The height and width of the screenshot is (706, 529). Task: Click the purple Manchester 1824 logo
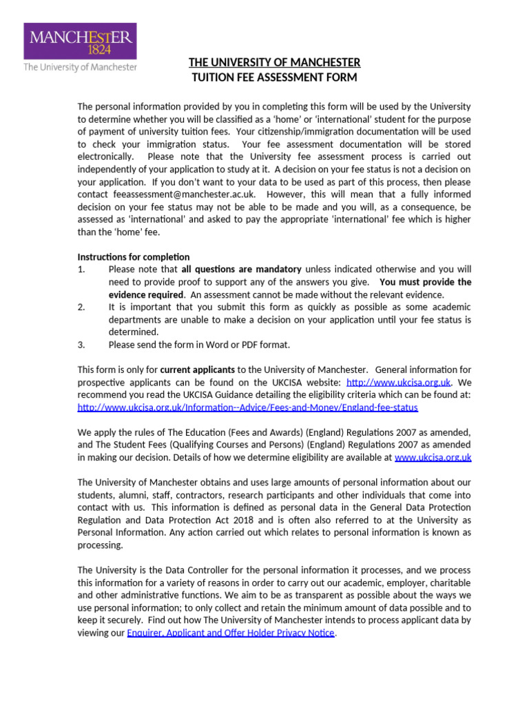tap(81, 41)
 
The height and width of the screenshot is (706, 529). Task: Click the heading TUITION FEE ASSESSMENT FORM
tap(274, 77)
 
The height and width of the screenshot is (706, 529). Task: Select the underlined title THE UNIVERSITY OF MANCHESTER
tap(274, 63)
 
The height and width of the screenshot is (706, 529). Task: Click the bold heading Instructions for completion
tap(134, 257)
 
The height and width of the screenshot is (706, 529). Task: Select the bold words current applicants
tap(198, 369)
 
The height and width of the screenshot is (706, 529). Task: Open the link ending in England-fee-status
tap(248, 407)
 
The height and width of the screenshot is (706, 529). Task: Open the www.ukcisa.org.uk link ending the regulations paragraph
tap(433, 457)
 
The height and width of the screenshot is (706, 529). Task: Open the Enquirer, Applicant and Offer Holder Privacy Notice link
tap(230, 632)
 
